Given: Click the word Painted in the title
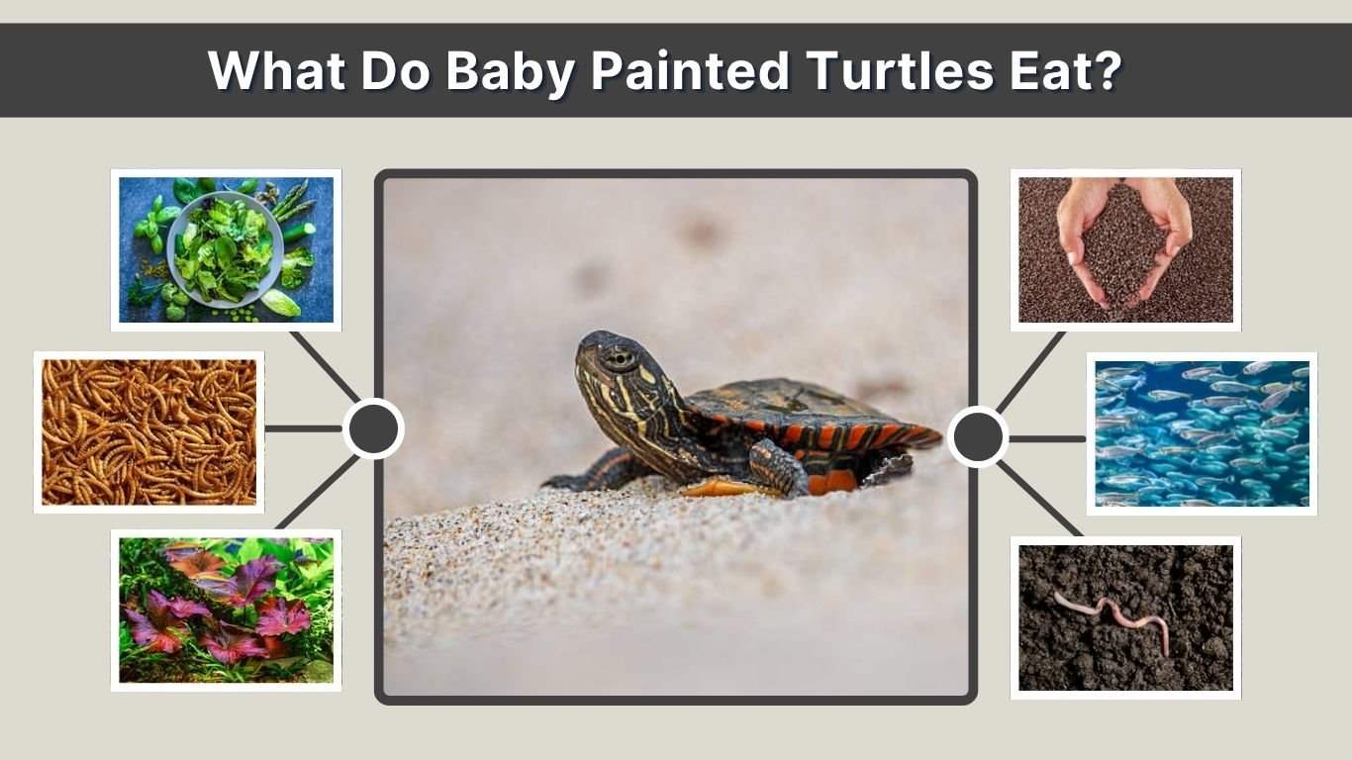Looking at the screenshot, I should click(x=690, y=70).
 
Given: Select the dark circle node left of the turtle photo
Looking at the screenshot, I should click(x=373, y=428).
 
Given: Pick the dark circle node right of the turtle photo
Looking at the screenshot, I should click(x=978, y=436).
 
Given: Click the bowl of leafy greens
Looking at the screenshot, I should click(x=225, y=249).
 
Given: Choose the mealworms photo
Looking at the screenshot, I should click(x=149, y=431).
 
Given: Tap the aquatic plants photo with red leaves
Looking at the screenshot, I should click(x=226, y=610).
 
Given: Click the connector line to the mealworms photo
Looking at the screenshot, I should click(x=303, y=428).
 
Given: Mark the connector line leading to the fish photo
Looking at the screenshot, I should click(x=1047, y=437).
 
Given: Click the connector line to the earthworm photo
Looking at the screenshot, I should click(x=1039, y=499).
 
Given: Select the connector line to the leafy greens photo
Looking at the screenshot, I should click(x=325, y=366).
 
